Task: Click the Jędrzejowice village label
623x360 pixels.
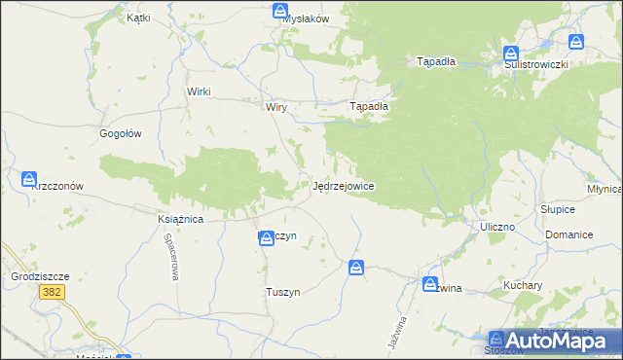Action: tap(344, 185)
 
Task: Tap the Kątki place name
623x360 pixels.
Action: tap(138, 18)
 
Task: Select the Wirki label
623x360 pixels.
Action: tap(199, 91)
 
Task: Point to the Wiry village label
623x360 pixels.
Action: tap(275, 107)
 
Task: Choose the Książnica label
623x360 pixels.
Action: tap(179, 220)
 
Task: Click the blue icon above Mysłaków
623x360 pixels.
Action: tap(278, 10)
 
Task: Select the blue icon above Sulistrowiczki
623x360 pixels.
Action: tap(511, 54)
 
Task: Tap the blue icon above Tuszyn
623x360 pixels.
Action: tap(265, 237)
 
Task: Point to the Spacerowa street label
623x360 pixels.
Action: tap(171, 257)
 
